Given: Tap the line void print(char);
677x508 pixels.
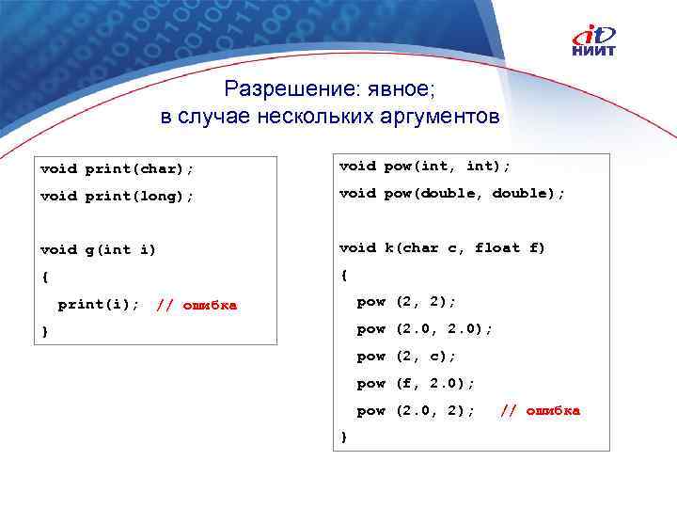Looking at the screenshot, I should (x=117, y=169).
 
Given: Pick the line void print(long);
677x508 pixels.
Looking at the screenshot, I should (x=117, y=197).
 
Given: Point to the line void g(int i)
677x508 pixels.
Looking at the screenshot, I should (x=98, y=249).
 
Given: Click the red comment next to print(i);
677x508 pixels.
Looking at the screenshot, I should (x=197, y=304).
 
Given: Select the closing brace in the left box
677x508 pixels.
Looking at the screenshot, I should (x=44, y=331).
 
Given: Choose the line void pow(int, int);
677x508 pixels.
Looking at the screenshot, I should (x=424, y=166).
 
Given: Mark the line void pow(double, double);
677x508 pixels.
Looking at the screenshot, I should (x=451, y=193).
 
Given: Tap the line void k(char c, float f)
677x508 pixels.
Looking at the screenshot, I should (x=441, y=247).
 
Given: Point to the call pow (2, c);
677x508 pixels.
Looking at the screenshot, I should (x=406, y=357).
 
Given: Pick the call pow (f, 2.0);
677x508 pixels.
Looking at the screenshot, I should (x=416, y=384).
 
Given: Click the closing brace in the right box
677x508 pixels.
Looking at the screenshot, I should (x=343, y=437).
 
